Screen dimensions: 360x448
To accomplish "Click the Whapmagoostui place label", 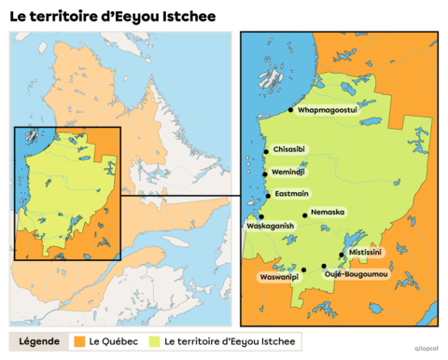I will tap(328, 110).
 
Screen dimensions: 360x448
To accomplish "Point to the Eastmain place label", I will tap(289, 194).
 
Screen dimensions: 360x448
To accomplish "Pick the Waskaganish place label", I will tap(271, 226).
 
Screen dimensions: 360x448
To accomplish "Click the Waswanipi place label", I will tap(278, 276).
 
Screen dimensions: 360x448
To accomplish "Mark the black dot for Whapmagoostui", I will tap(290, 110).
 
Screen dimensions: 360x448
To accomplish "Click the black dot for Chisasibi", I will tap(267, 150).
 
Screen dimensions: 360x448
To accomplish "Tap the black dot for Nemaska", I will tap(305, 215).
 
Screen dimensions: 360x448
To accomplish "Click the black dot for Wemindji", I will tap(267, 173).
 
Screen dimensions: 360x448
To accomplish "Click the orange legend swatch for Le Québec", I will tap(81, 342).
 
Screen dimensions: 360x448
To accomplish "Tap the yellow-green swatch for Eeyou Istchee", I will tap(154, 342).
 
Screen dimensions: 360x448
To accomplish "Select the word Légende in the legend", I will tap(39, 342).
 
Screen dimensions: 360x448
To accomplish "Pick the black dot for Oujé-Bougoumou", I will tap(324, 266).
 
